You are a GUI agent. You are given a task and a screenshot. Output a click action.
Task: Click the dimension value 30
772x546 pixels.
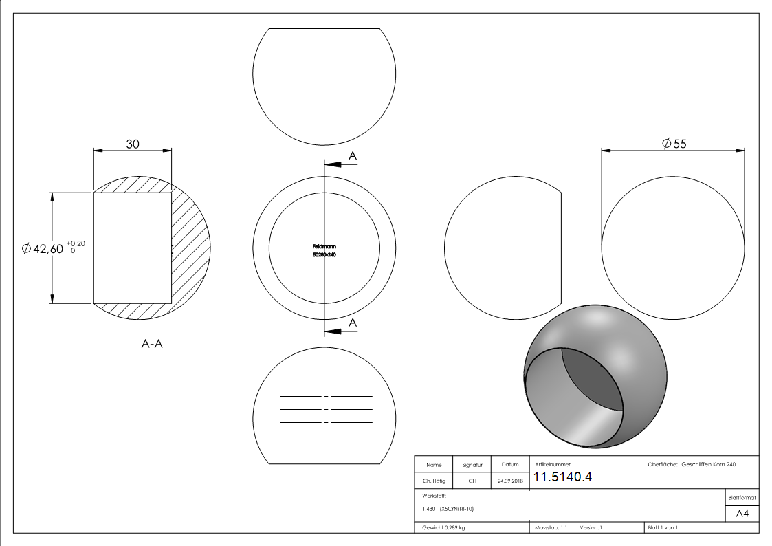(x=133, y=144)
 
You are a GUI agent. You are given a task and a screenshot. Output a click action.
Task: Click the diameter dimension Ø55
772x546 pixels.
(x=674, y=143)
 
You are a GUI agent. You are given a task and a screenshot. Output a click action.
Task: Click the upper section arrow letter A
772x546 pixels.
(x=353, y=157)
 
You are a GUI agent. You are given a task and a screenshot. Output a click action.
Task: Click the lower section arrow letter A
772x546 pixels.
(x=353, y=323)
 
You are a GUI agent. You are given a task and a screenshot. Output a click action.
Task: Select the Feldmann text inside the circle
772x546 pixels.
(x=324, y=246)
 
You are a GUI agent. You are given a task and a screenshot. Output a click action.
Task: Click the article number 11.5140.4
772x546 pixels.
(x=562, y=478)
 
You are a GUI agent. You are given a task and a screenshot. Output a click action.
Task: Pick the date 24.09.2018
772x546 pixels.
(x=509, y=481)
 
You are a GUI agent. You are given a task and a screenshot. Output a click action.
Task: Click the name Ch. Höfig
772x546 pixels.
(x=434, y=481)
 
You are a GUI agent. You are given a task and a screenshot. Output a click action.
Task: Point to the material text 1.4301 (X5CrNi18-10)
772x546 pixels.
(x=448, y=509)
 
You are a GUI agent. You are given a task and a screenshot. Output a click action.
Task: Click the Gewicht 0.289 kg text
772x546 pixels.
(x=443, y=527)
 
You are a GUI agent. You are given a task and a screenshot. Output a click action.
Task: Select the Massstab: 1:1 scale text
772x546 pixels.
(x=550, y=527)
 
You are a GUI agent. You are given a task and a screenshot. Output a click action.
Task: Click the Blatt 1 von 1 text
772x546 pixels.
(x=663, y=527)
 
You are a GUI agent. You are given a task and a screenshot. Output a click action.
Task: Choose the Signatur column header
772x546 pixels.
(x=472, y=465)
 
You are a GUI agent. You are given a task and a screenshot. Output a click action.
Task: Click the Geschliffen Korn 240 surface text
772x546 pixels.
(x=708, y=465)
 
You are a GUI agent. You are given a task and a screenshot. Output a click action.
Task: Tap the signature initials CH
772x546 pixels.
(x=472, y=481)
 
